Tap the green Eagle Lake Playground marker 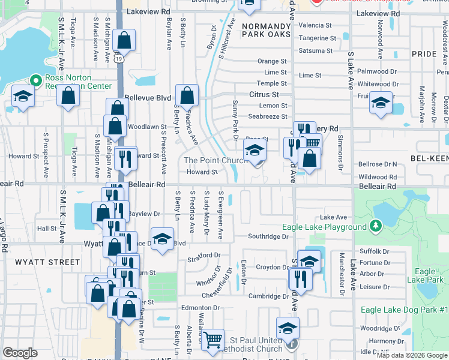(x=376, y=227)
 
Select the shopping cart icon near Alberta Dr (x=212, y=340)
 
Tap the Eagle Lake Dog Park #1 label (x=405, y=310)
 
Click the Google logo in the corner (x=20, y=353)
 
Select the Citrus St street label (x=265, y=95)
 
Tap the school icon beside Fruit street (x=381, y=103)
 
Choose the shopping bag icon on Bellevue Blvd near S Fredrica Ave (x=187, y=95)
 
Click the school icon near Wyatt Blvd (x=162, y=239)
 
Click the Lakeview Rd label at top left (x=148, y=11)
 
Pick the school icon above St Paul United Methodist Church (x=288, y=328)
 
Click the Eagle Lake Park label (x=425, y=276)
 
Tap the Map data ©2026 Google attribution (x=412, y=355)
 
